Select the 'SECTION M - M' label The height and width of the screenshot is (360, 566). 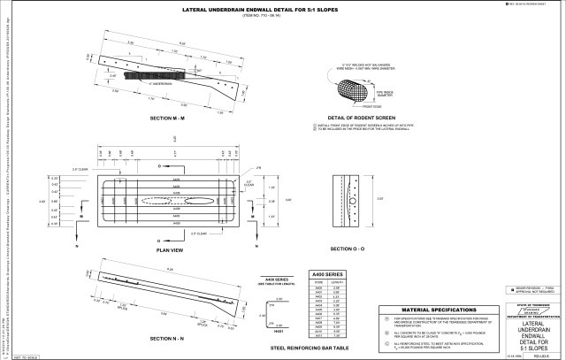[166, 117]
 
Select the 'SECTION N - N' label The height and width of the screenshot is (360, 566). [166, 340]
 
